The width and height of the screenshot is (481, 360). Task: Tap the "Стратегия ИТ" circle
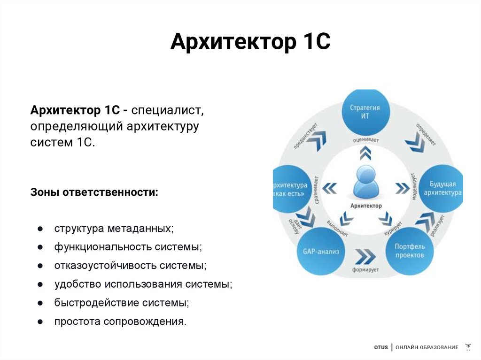pos(365,112)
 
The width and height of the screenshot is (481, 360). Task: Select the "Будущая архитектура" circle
pos(440,189)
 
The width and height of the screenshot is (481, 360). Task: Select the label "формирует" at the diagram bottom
pos(365,270)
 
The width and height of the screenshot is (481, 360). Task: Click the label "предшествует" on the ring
pos(305,136)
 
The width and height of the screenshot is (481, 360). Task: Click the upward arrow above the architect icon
pos(365,153)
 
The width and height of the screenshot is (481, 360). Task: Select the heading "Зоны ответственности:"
pos(94,192)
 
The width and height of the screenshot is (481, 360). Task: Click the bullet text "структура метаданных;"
pos(114,229)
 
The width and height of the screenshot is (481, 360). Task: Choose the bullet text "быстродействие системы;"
pos(121,303)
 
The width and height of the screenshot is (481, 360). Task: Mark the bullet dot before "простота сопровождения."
pos(41,322)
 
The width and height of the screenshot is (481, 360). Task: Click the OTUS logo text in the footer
pos(381,347)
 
